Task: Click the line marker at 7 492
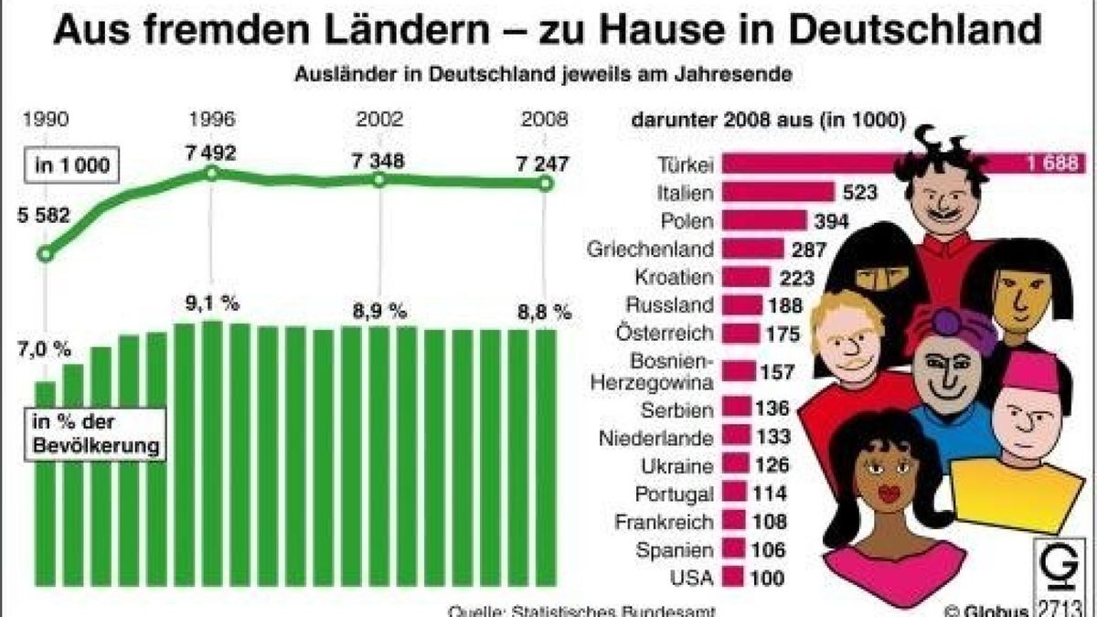coord(210,173)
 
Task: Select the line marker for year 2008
coord(546,184)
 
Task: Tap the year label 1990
coord(45,120)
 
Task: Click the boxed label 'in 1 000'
coord(71,165)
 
